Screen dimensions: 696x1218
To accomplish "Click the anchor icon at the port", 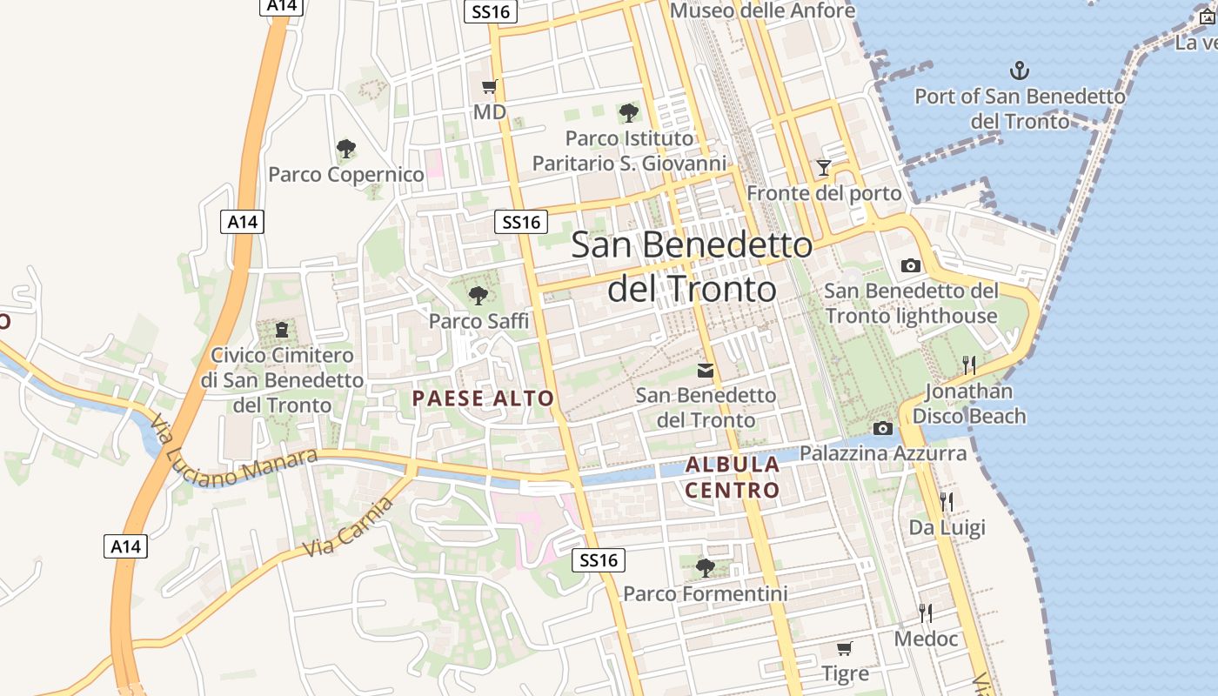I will (1019, 70).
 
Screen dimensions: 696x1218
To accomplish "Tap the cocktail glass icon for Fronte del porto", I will (823, 167).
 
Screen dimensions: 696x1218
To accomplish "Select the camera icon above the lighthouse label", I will (910, 265).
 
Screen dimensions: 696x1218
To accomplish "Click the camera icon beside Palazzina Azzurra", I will (882, 428).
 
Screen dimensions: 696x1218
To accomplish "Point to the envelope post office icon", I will (706, 371).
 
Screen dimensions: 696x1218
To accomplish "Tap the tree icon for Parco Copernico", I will (345, 149).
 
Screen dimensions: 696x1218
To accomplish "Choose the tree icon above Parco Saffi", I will (478, 296).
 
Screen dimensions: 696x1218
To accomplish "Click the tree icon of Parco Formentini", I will (705, 568).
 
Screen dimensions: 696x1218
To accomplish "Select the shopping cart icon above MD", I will (489, 86).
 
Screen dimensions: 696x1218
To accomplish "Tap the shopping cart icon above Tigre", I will (844, 648).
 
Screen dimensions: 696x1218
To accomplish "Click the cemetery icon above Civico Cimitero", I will (282, 330).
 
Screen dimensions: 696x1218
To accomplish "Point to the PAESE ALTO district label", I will (483, 398).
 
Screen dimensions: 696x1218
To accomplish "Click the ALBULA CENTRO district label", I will (732, 478).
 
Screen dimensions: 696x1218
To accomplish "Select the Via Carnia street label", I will (344, 525).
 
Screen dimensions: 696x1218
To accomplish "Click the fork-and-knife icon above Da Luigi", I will (947, 501).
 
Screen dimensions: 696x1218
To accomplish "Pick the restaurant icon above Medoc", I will (926, 613).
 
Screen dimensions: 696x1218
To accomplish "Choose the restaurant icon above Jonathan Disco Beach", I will (968, 365).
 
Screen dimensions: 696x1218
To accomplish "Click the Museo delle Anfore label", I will (762, 10).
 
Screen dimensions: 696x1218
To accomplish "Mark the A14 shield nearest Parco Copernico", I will (242, 222).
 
